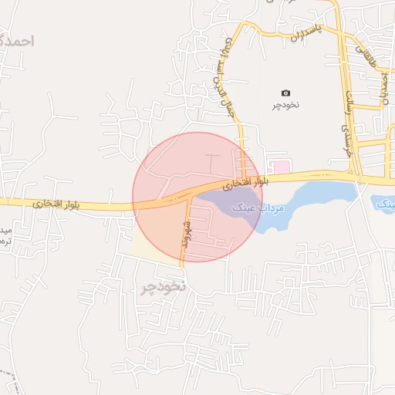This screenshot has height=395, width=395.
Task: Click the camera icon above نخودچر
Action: click(x=286, y=93)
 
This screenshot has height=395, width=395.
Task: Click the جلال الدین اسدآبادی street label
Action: click(x=227, y=77)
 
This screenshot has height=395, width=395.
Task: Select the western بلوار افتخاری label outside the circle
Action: click(x=49, y=203)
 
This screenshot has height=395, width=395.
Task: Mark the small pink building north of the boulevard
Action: click(x=279, y=167)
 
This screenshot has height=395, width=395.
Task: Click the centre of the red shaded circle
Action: click(x=197, y=197)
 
